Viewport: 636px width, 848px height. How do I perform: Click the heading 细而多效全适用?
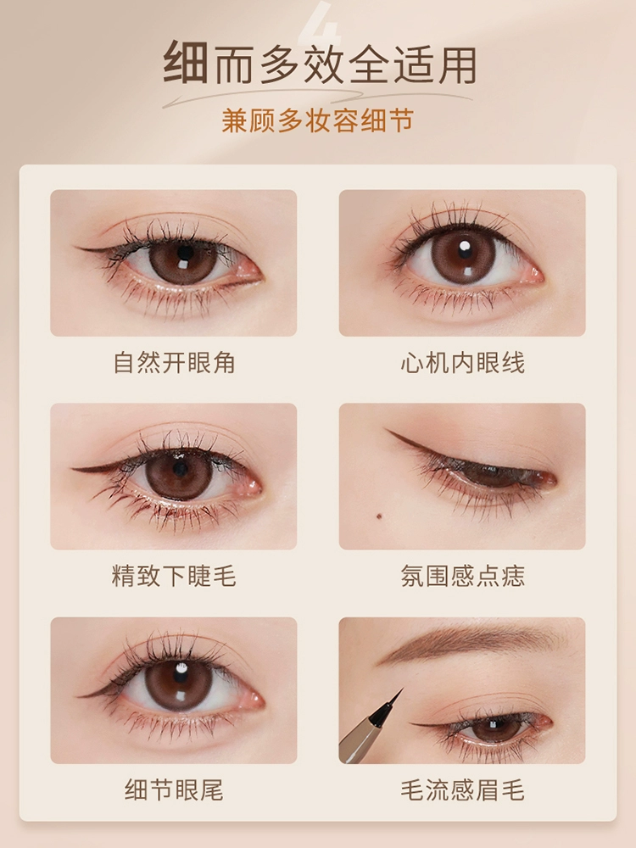(x=319, y=64)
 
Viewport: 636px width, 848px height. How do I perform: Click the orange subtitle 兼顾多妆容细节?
(x=317, y=120)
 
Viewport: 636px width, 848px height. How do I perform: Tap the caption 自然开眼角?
(x=174, y=362)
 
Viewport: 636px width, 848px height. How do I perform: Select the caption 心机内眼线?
(x=462, y=362)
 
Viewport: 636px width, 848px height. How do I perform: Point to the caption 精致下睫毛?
(x=174, y=575)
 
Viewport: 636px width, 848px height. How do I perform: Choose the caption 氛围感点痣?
(x=462, y=575)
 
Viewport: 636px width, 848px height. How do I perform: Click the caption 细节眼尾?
(x=174, y=789)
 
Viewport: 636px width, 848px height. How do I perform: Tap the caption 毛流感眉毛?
(x=462, y=789)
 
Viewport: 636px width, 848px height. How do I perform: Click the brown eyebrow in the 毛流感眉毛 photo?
(x=465, y=643)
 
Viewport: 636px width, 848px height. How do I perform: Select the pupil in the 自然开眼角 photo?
(x=185, y=253)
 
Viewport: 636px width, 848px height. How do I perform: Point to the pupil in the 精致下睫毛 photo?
(x=181, y=468)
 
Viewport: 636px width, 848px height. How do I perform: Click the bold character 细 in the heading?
(x=186, y=64)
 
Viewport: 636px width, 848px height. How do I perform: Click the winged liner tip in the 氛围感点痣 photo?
(x=386, y=430)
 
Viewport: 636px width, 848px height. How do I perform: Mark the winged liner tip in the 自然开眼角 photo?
(x=77, y=248)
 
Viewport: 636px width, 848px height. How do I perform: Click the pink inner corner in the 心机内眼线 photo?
(x=534, y=274)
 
